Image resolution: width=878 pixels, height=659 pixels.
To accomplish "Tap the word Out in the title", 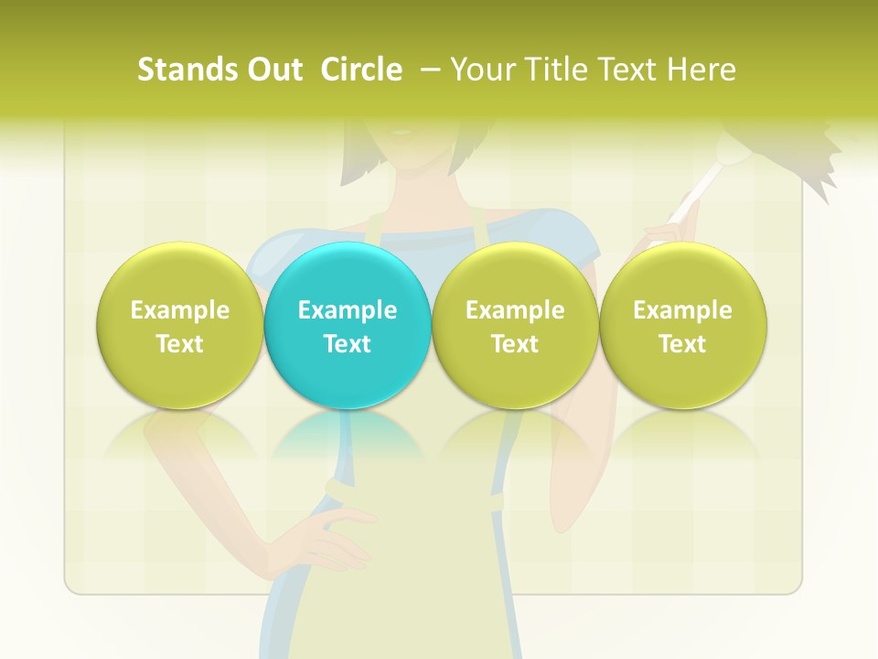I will click(x=272, y=70).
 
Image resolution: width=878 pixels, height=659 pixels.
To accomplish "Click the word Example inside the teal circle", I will click(x=348, y=310).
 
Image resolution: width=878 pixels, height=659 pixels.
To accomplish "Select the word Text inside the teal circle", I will click(x=348, y=344).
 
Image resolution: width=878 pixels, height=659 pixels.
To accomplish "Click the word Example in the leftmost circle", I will click(x=180, y=310).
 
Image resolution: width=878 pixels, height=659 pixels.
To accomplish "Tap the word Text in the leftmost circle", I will click(x=180, y=344).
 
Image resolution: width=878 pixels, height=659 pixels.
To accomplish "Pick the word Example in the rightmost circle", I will click(x=682, y=310).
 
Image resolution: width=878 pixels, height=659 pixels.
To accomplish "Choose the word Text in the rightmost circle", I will click(x=682, y=344).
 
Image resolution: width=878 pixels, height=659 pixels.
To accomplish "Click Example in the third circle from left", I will click(x=515, y=310).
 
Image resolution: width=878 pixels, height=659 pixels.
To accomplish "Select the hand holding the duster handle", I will click(x=673, y=234).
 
